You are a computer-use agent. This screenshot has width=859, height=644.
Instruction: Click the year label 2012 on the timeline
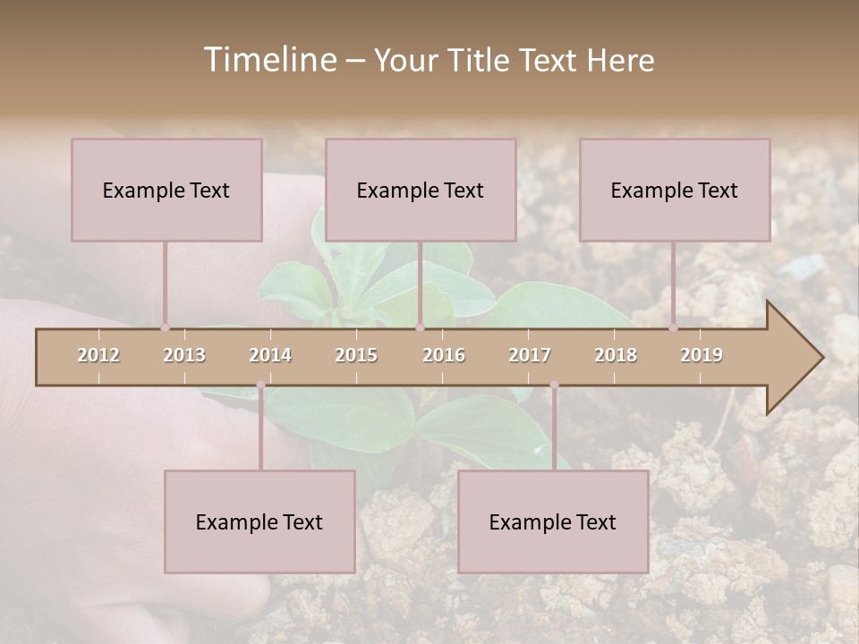(98, 355)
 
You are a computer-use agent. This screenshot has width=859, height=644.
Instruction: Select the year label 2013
(184, 355)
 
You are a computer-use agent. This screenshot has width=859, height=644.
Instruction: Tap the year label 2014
(270, 355)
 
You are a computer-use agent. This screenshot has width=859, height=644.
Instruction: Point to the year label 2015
(356, 355)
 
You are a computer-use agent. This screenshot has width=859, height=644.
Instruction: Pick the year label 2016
(444, 355)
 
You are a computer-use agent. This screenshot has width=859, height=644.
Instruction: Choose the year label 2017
(530, 355)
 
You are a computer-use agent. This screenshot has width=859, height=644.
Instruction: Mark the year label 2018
(616, 355)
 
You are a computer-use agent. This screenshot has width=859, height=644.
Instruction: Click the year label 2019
(702, 355)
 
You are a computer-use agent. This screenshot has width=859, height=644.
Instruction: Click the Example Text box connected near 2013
(166, 190)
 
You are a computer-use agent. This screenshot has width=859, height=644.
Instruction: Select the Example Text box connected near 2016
(421, 190)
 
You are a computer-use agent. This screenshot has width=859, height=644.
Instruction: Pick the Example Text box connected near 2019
(675, 190)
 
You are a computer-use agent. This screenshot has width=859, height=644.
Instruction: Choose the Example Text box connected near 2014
(259, 521)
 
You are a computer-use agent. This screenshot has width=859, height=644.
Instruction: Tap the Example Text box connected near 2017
(553, 521)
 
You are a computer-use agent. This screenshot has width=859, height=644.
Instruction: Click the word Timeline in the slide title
(268, 60)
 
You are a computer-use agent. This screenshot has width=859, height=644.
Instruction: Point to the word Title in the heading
(482, 60)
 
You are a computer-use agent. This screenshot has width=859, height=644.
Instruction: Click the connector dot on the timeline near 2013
(165, 327)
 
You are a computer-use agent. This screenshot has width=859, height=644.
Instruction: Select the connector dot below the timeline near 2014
(260, 385)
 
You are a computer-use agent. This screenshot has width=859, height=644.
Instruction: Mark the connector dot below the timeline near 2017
(554, 385)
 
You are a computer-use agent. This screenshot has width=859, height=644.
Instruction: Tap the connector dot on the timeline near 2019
(673, 327)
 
